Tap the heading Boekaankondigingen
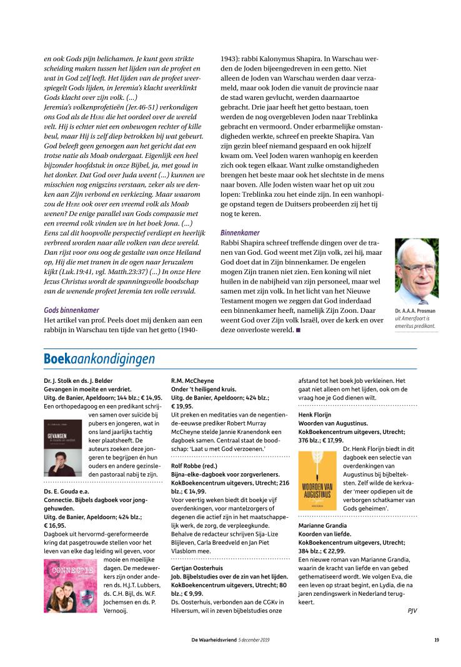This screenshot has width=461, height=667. click(99, 359)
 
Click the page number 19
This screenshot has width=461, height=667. click(437, 640)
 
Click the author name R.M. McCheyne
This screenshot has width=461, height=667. click(194, 380)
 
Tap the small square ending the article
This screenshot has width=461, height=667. click(298, 329)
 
